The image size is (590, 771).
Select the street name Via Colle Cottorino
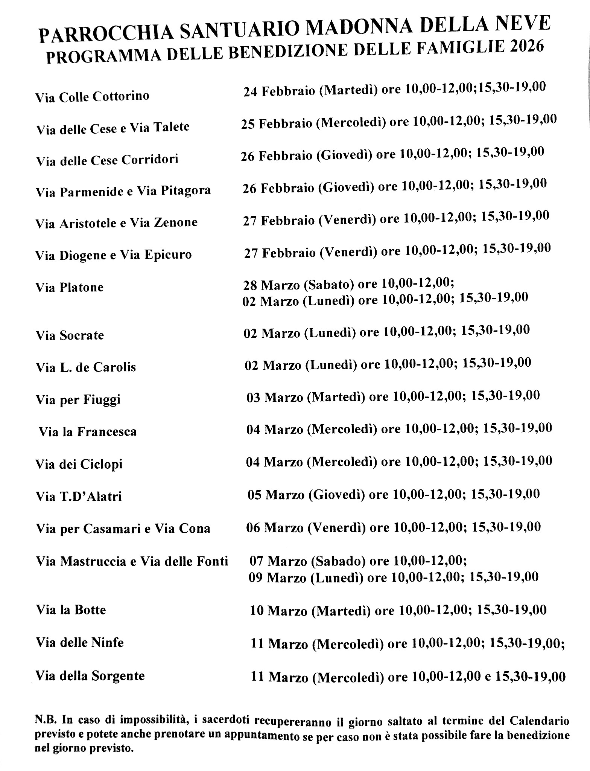(x=92, y=97)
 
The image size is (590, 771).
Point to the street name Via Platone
(x=70, y=288)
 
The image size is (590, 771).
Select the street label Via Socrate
(x=70, y=335)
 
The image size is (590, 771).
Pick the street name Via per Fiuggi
(x=78, y=399)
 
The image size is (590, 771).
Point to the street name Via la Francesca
(x=88, y=431)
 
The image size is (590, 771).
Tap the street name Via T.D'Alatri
(x=79, y=497)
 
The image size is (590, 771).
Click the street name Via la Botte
(x=71, y=610)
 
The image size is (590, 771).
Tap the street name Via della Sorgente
(x=90, y=676)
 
